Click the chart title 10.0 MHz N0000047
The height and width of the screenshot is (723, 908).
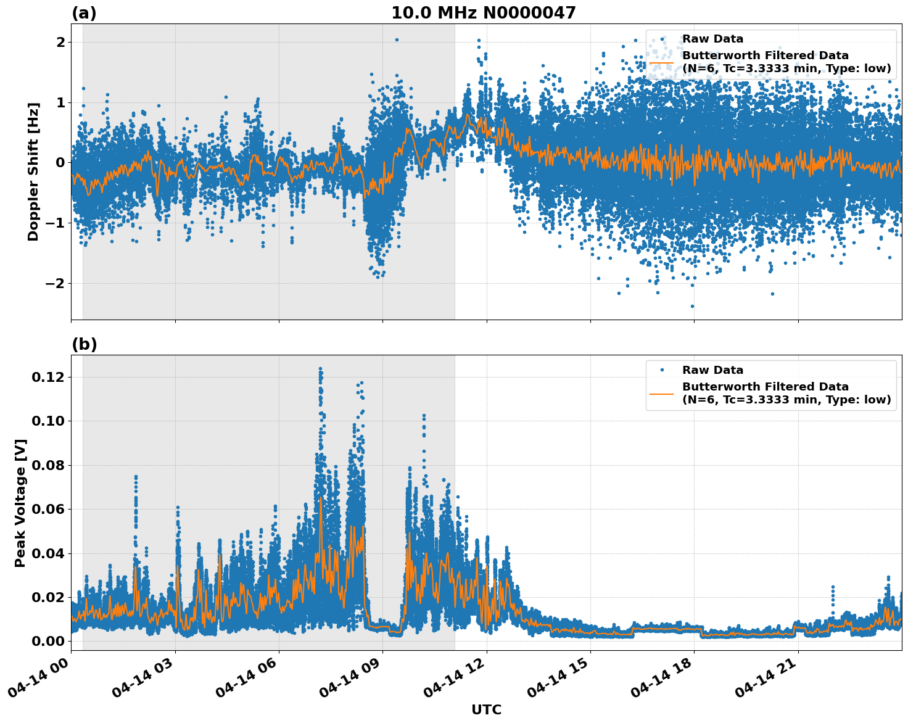(483, 13)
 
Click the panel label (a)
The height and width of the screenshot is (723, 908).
(84, 13)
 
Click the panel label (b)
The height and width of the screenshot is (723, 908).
(84, 344)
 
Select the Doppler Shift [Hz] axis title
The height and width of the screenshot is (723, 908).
(33, 171)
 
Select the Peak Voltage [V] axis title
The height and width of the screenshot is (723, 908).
(20, 503)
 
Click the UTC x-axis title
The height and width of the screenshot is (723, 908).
(486, 709)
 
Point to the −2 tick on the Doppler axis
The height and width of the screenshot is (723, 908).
(56, 283)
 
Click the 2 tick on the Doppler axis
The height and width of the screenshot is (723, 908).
(60, 42)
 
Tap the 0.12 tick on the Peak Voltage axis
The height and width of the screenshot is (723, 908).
(49, 377)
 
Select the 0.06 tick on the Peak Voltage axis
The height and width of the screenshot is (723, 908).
(49, 509)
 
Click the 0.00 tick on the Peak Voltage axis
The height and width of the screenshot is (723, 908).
(49, 641)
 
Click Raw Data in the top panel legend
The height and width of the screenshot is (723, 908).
(712, 39)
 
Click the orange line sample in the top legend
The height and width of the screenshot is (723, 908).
(662, 62)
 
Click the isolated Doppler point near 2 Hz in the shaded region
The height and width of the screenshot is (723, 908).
(397, 39)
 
